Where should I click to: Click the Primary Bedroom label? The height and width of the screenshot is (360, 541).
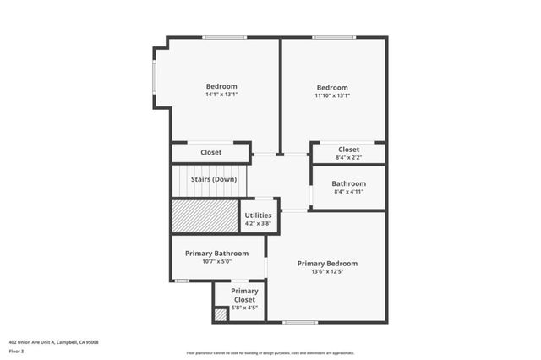tap(327, 263)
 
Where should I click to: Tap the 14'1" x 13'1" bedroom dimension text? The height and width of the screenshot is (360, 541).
tap(221, 95)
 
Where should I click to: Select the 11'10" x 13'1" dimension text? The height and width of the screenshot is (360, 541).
tap(332, 95)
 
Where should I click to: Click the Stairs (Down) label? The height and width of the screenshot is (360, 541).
tap(212, 179)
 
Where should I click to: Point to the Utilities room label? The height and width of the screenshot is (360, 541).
tap(259, 215)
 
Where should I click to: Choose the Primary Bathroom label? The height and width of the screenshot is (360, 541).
tap(218, 253)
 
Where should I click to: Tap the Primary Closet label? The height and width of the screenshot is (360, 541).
tap(244, 295)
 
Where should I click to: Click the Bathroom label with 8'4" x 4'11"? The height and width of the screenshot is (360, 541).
tap(348, 183)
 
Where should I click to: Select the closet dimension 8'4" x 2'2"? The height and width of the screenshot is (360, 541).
tap(348, 157)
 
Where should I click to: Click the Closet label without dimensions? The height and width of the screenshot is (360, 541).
tap(211, 153)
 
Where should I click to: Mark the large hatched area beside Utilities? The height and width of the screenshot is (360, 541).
tap(205, 216)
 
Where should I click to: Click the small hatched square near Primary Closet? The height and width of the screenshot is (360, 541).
tap(220, 314)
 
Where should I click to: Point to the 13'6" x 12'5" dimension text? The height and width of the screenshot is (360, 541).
tap(327, 272)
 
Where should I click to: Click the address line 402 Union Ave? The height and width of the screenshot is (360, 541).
tap(54, 341)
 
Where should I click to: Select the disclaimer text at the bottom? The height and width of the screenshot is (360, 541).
tap(270, 353)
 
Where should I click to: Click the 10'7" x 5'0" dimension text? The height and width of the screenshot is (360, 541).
tap(218, 262)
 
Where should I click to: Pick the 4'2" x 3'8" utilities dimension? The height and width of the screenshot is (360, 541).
tap(259, 223)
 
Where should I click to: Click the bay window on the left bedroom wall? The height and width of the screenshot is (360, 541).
tap(155, 81)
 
